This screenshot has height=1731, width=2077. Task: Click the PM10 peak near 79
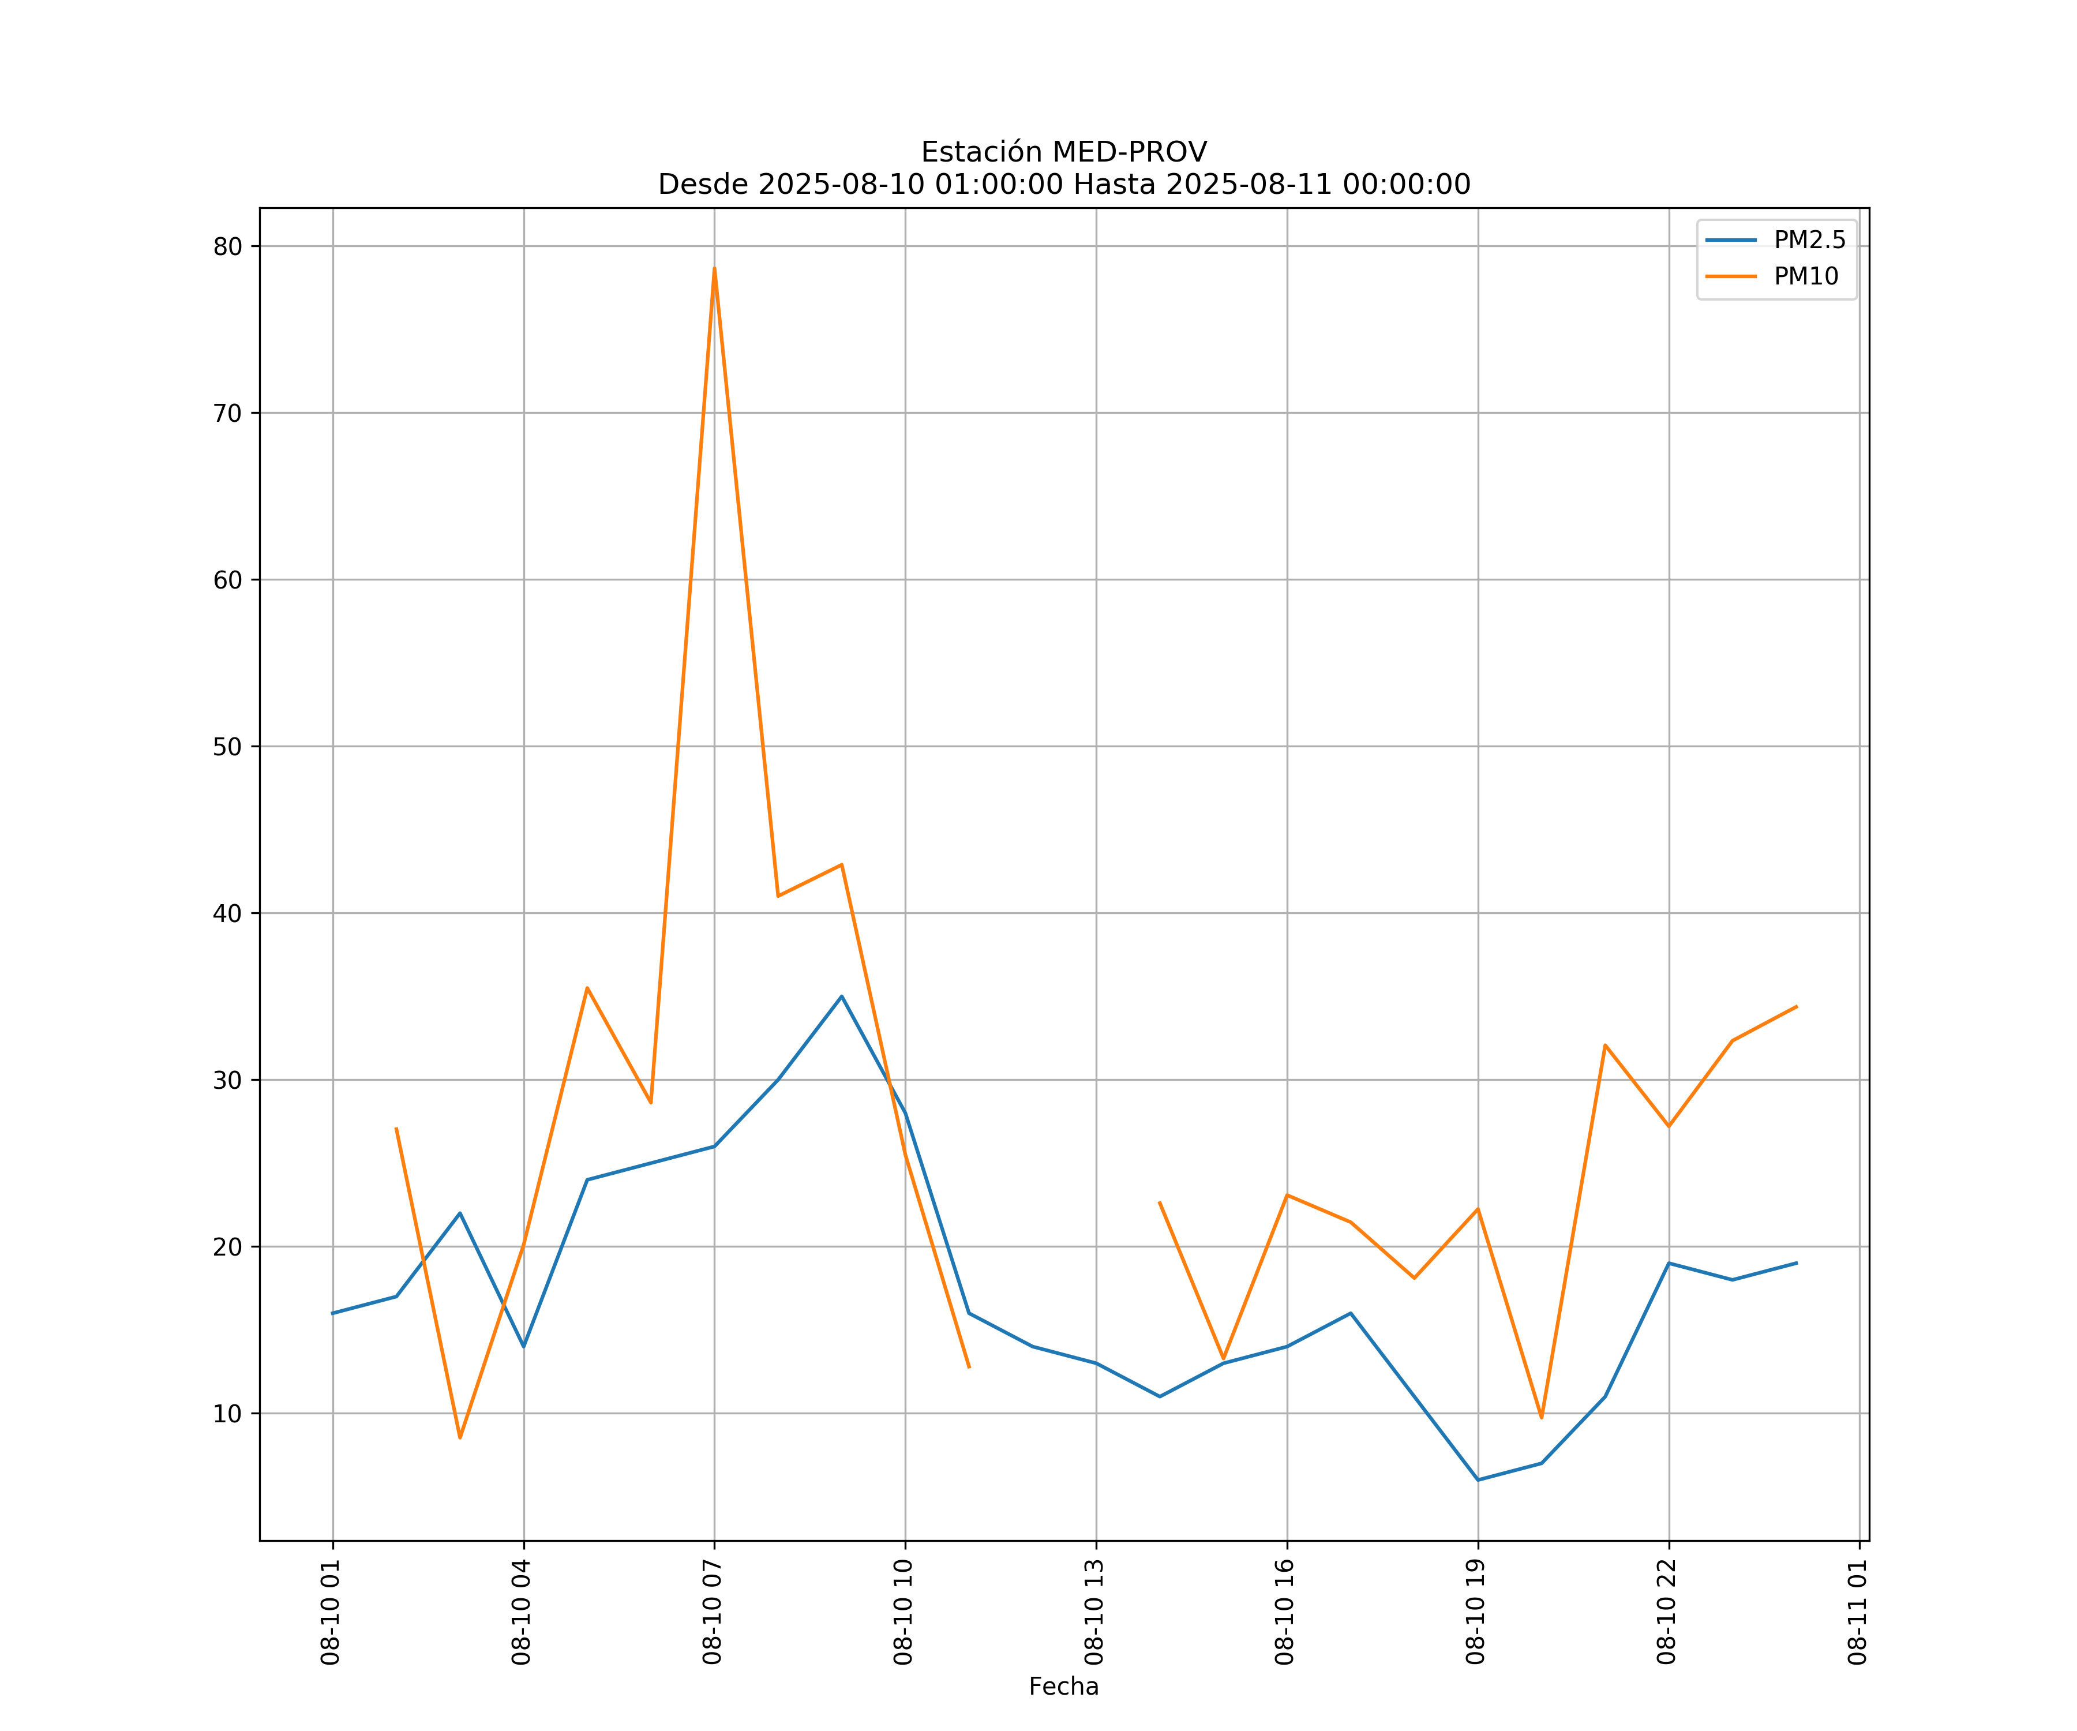pos(714,268)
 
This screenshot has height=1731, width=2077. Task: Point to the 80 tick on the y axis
pos(227,246)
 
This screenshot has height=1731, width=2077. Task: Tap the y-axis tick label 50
pos(227,747)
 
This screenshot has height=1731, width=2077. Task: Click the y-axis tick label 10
pos(227,1414)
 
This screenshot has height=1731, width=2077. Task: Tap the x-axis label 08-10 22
pos(1667,1612)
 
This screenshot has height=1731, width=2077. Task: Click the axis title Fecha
pos(1063,1687)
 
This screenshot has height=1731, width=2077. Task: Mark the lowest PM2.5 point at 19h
pos(1478,1480)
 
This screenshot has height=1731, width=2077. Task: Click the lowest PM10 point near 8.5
pos(460,1437)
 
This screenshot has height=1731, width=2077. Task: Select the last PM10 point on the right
pos(1796,1007)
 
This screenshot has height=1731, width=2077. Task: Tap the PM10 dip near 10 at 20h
pos(1541,1418)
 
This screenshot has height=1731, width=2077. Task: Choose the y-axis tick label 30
pos(227,1080)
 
